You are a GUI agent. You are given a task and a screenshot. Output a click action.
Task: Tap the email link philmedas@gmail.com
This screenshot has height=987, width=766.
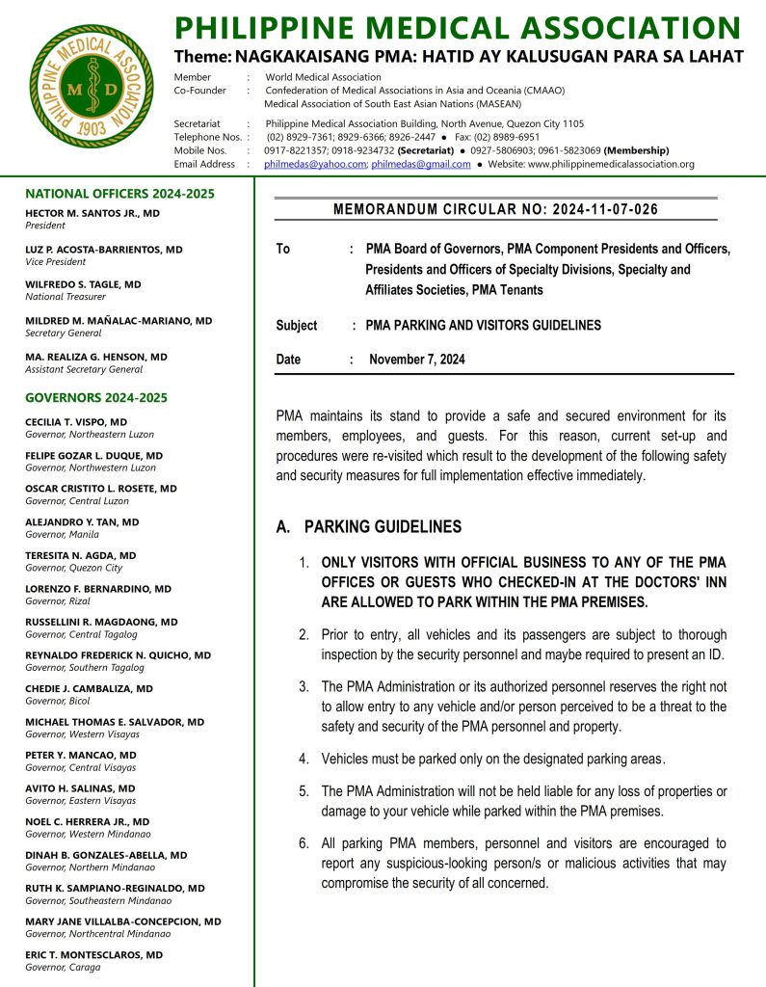click(421, 165)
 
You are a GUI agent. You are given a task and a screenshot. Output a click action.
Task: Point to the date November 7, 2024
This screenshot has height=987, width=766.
click(416, 360)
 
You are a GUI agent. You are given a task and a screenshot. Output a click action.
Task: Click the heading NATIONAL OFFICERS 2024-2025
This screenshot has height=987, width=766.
click(119, 194)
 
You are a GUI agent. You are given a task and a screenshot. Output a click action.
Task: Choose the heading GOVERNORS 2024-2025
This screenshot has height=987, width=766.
click(96, 397)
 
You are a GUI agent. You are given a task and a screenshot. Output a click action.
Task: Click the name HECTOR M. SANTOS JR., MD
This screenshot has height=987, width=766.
click(92, 212)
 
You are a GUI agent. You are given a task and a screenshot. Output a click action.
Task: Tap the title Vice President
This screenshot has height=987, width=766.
click(56, 261)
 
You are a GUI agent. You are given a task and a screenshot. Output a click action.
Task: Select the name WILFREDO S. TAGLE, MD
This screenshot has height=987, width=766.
click(83, 284)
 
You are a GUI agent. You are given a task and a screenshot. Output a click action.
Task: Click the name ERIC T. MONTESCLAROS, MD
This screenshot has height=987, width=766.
click(93, 954)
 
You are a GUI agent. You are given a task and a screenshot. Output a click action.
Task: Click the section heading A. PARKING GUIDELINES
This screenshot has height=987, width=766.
click(368, 527)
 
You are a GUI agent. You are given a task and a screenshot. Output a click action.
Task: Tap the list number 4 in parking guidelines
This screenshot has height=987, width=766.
click(303, 759)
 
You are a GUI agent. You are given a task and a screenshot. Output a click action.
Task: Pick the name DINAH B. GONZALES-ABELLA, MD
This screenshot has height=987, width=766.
click(106, 855)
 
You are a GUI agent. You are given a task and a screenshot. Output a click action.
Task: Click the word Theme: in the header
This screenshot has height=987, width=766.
click(202, 57)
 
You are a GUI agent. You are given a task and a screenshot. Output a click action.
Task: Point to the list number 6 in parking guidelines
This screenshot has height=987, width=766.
click(303, 843)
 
